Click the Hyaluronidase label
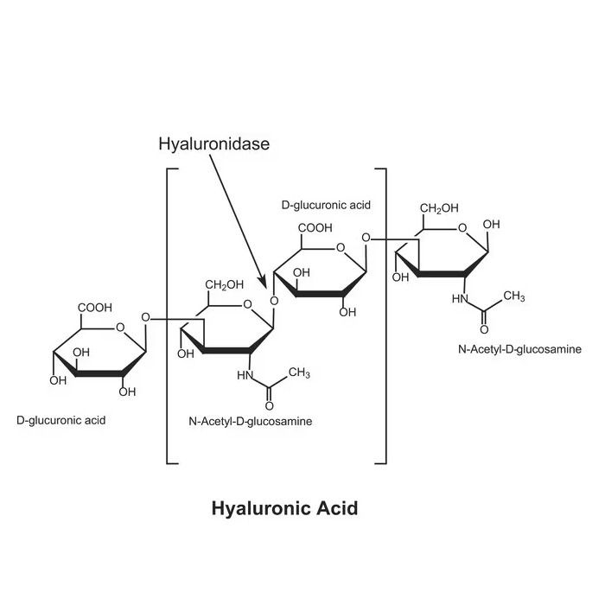tap(214, 144)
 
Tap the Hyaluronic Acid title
tap(284, 508)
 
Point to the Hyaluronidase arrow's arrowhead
tap(263, 283)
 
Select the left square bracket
tap(168, 315)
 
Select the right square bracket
tap(385, 315)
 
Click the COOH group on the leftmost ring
tap(95, 308)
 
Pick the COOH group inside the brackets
tap(315, 227)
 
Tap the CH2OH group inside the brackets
tap(224, 284)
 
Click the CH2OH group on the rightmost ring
tap(439, 208)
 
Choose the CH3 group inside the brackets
tap(299, 373)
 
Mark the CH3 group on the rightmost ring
tap(514, 296)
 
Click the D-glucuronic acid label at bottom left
tap(61, 420)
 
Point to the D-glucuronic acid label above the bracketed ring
tap(326, 205)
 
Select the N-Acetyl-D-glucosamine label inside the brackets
tap(251, 421)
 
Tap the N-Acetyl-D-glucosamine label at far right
tap(519, 349)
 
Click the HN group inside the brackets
tap(245, 375)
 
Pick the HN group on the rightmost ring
tap(460, 299)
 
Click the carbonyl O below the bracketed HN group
tap(270, 406)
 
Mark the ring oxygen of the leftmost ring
tap(120, 328)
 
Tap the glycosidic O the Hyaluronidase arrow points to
tap(274, 301)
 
